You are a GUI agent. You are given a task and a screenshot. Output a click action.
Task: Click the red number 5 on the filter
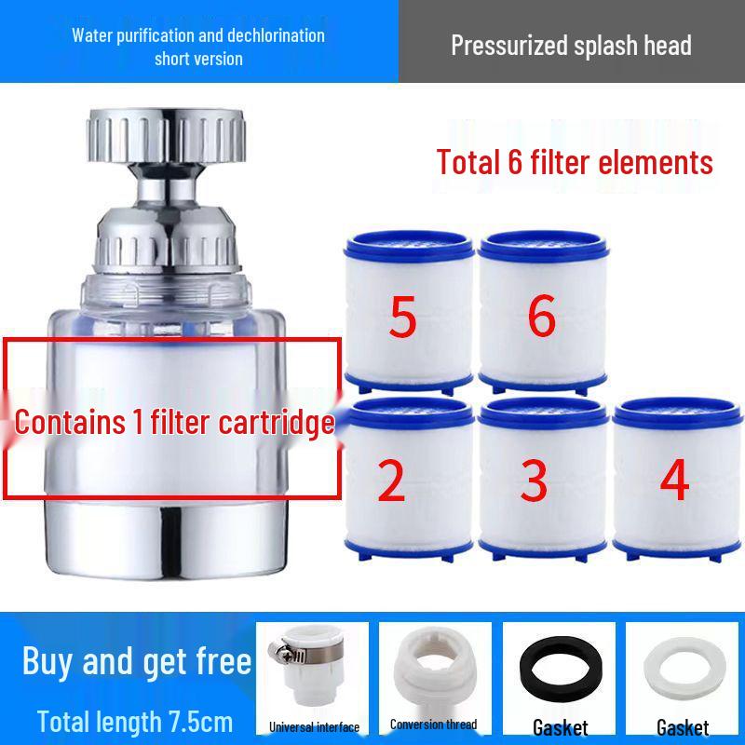[402, 318]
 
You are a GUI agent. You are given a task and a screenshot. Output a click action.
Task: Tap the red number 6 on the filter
[541, 317]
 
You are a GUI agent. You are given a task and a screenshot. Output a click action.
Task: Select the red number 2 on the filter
[392, 481]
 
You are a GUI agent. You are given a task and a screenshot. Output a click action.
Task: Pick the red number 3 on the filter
[534, 481]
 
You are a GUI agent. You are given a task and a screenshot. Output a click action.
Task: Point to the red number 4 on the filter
[673, 481]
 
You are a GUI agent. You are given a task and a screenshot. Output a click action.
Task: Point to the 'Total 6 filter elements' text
[575, 163]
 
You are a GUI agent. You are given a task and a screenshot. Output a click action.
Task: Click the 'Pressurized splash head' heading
[571, 45]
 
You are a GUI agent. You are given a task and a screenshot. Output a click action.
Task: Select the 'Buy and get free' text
[137, 661]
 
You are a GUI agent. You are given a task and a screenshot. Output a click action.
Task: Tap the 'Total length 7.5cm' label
[135, 721]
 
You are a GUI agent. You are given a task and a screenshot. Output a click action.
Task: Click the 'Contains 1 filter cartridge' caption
[174, 423]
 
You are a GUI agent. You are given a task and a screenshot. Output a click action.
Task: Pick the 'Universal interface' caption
[314, 726]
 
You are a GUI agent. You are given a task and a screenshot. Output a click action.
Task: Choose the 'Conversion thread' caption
[433, 724]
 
